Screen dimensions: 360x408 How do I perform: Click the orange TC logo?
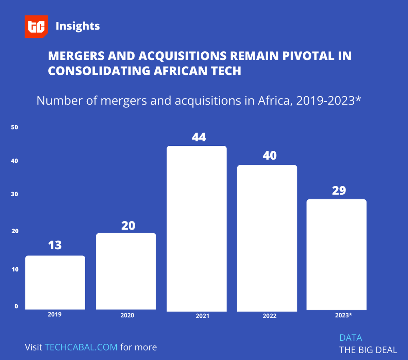point(36,26)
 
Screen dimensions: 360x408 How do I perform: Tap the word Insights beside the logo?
point(78,26)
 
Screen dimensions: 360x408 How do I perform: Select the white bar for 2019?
point(55,283)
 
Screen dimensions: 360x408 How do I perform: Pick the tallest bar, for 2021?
point(196,228)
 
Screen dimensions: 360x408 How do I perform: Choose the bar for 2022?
point(267,238)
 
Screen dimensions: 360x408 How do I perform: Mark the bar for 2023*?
point(336,255)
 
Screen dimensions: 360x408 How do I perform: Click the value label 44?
point(199,137)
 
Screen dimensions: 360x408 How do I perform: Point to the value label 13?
point(55,245)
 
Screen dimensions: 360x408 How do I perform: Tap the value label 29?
point(339,191)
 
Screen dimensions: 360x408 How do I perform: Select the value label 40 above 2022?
point(269,156)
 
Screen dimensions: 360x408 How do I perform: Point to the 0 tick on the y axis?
point(16,306)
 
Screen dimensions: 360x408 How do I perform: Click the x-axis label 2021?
point(202,316)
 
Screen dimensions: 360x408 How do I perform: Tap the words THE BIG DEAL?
point(368,350)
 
